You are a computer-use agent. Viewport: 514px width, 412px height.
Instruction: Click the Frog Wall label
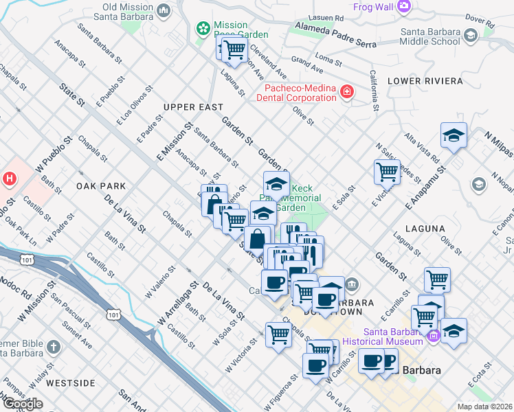coord(373,7)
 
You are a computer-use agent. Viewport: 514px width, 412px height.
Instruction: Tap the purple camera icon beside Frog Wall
coord(404,6)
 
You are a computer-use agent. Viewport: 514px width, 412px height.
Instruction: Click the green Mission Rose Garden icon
coord(203,28)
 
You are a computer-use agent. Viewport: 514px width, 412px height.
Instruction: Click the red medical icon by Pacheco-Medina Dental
coord(347,91)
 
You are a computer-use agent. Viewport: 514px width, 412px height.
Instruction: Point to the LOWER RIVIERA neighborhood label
coord(425,81)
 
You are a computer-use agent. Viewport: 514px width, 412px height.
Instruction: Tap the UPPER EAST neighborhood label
coord(193,107)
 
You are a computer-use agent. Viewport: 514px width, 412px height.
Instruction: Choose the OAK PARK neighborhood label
coord(101,186)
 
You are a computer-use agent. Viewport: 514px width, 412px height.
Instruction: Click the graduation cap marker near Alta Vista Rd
coord(454,135)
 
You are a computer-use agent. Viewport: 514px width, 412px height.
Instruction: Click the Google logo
coord(23,404)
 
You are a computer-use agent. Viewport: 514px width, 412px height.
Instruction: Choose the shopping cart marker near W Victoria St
coord(279,335)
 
